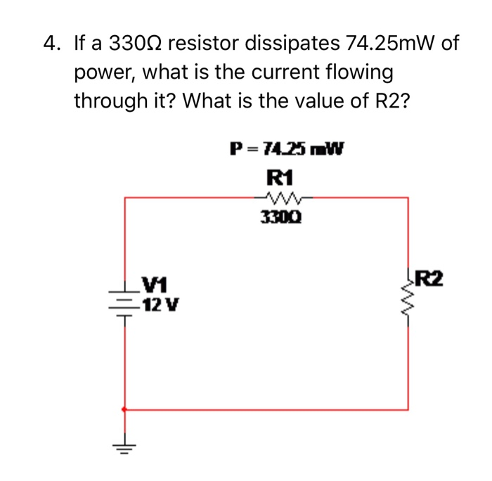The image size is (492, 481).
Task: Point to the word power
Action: pos(101,72)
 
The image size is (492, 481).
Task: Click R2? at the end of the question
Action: pos(388,101)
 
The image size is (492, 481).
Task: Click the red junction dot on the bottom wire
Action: pos(125,409)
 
